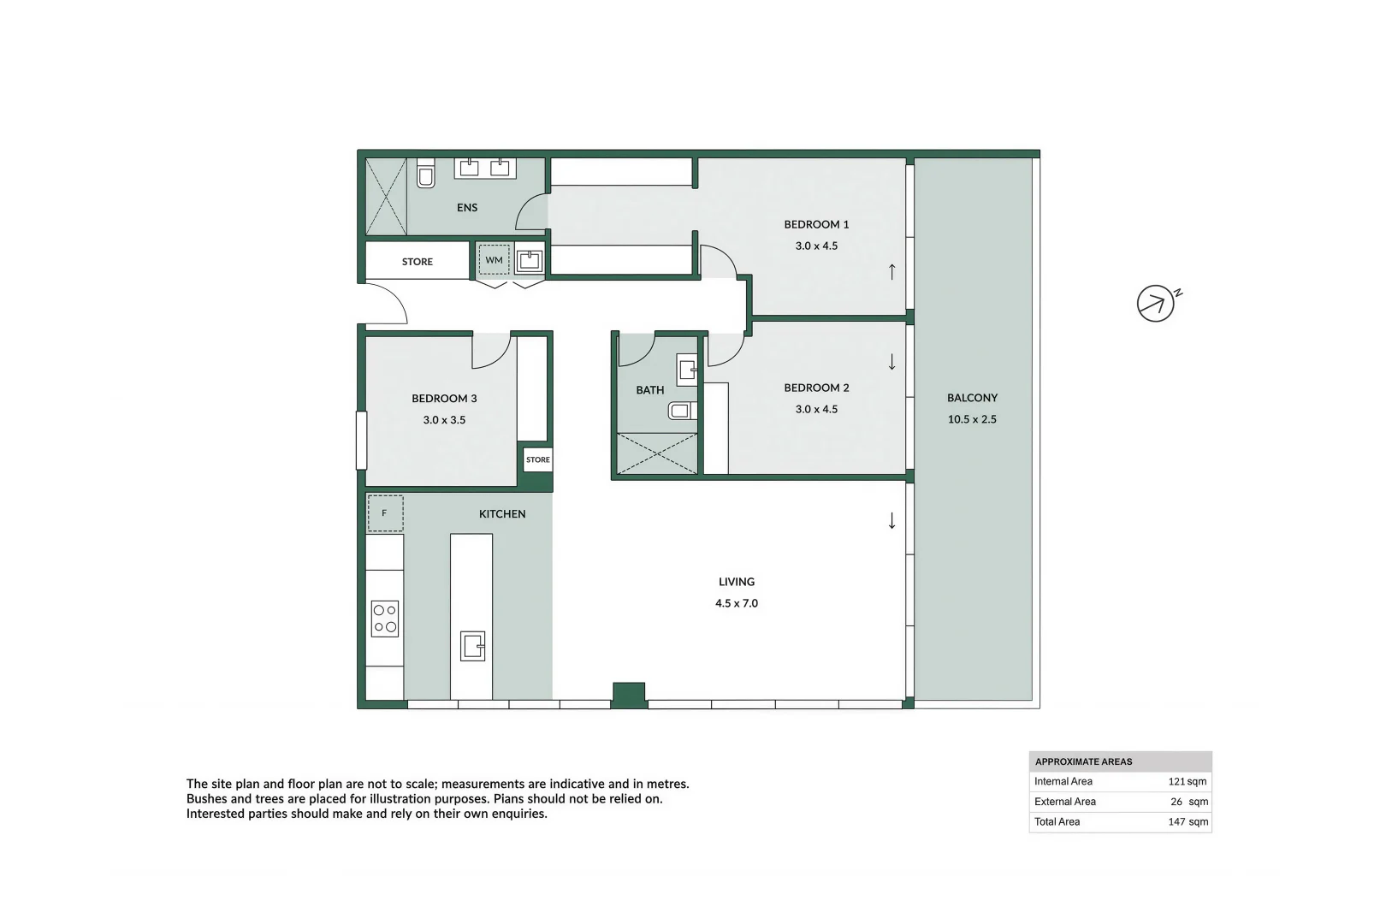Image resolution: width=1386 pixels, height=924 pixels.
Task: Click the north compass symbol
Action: (x=1156, y=303)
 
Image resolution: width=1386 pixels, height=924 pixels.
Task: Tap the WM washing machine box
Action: (x=495, y=260)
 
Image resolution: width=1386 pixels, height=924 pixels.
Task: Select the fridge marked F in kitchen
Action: (x=385, y=513)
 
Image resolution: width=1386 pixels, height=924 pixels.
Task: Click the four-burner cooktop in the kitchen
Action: (x=385, y=619)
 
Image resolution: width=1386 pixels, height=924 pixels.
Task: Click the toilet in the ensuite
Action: (x=425, y=173)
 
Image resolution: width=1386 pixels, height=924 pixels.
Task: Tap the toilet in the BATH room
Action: (x=681, y=411)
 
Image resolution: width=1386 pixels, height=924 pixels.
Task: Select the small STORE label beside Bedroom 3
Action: (x=538, y=459)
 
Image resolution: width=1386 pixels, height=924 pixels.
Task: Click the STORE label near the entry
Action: (x=418, y=262)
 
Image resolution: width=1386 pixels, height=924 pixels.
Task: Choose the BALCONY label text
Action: (x=972, y=398)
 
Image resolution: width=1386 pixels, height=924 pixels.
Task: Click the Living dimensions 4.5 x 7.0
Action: (x=737, y=603)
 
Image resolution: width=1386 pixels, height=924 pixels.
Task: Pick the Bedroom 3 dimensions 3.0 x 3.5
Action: (x=444, y=420)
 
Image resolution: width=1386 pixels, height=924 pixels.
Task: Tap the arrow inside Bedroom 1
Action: (x=891, y=271)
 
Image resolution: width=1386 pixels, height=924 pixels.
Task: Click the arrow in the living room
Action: (x=891, y=520)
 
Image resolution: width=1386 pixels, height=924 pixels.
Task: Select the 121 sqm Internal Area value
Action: (x=1188, y=781)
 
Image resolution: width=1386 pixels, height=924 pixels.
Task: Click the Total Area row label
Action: (x=1057, y=821)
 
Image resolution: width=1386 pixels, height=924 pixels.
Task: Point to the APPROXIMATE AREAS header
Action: (x=1083, y=761)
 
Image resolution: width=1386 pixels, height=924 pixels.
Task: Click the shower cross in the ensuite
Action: (x=386, y=196)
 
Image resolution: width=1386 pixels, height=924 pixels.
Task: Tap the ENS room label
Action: (x=467, y=208)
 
